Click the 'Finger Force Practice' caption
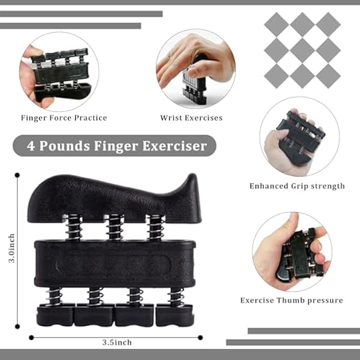[64, 118]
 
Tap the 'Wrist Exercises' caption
[191, 118]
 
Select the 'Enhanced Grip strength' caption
[297, 186]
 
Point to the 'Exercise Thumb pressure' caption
[291, 300]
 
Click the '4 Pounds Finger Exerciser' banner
[114, 146]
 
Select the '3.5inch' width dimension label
[116, 343]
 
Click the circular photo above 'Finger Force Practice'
[59, 71]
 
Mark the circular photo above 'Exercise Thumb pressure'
[292, 251]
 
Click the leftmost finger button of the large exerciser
[55, 314]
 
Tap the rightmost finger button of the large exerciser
[174, 314]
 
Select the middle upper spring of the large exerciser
[114, 227]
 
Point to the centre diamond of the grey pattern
[302, 49]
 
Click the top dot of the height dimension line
[17, 176]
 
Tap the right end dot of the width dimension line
[200, 337]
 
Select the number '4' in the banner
[32, 146]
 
